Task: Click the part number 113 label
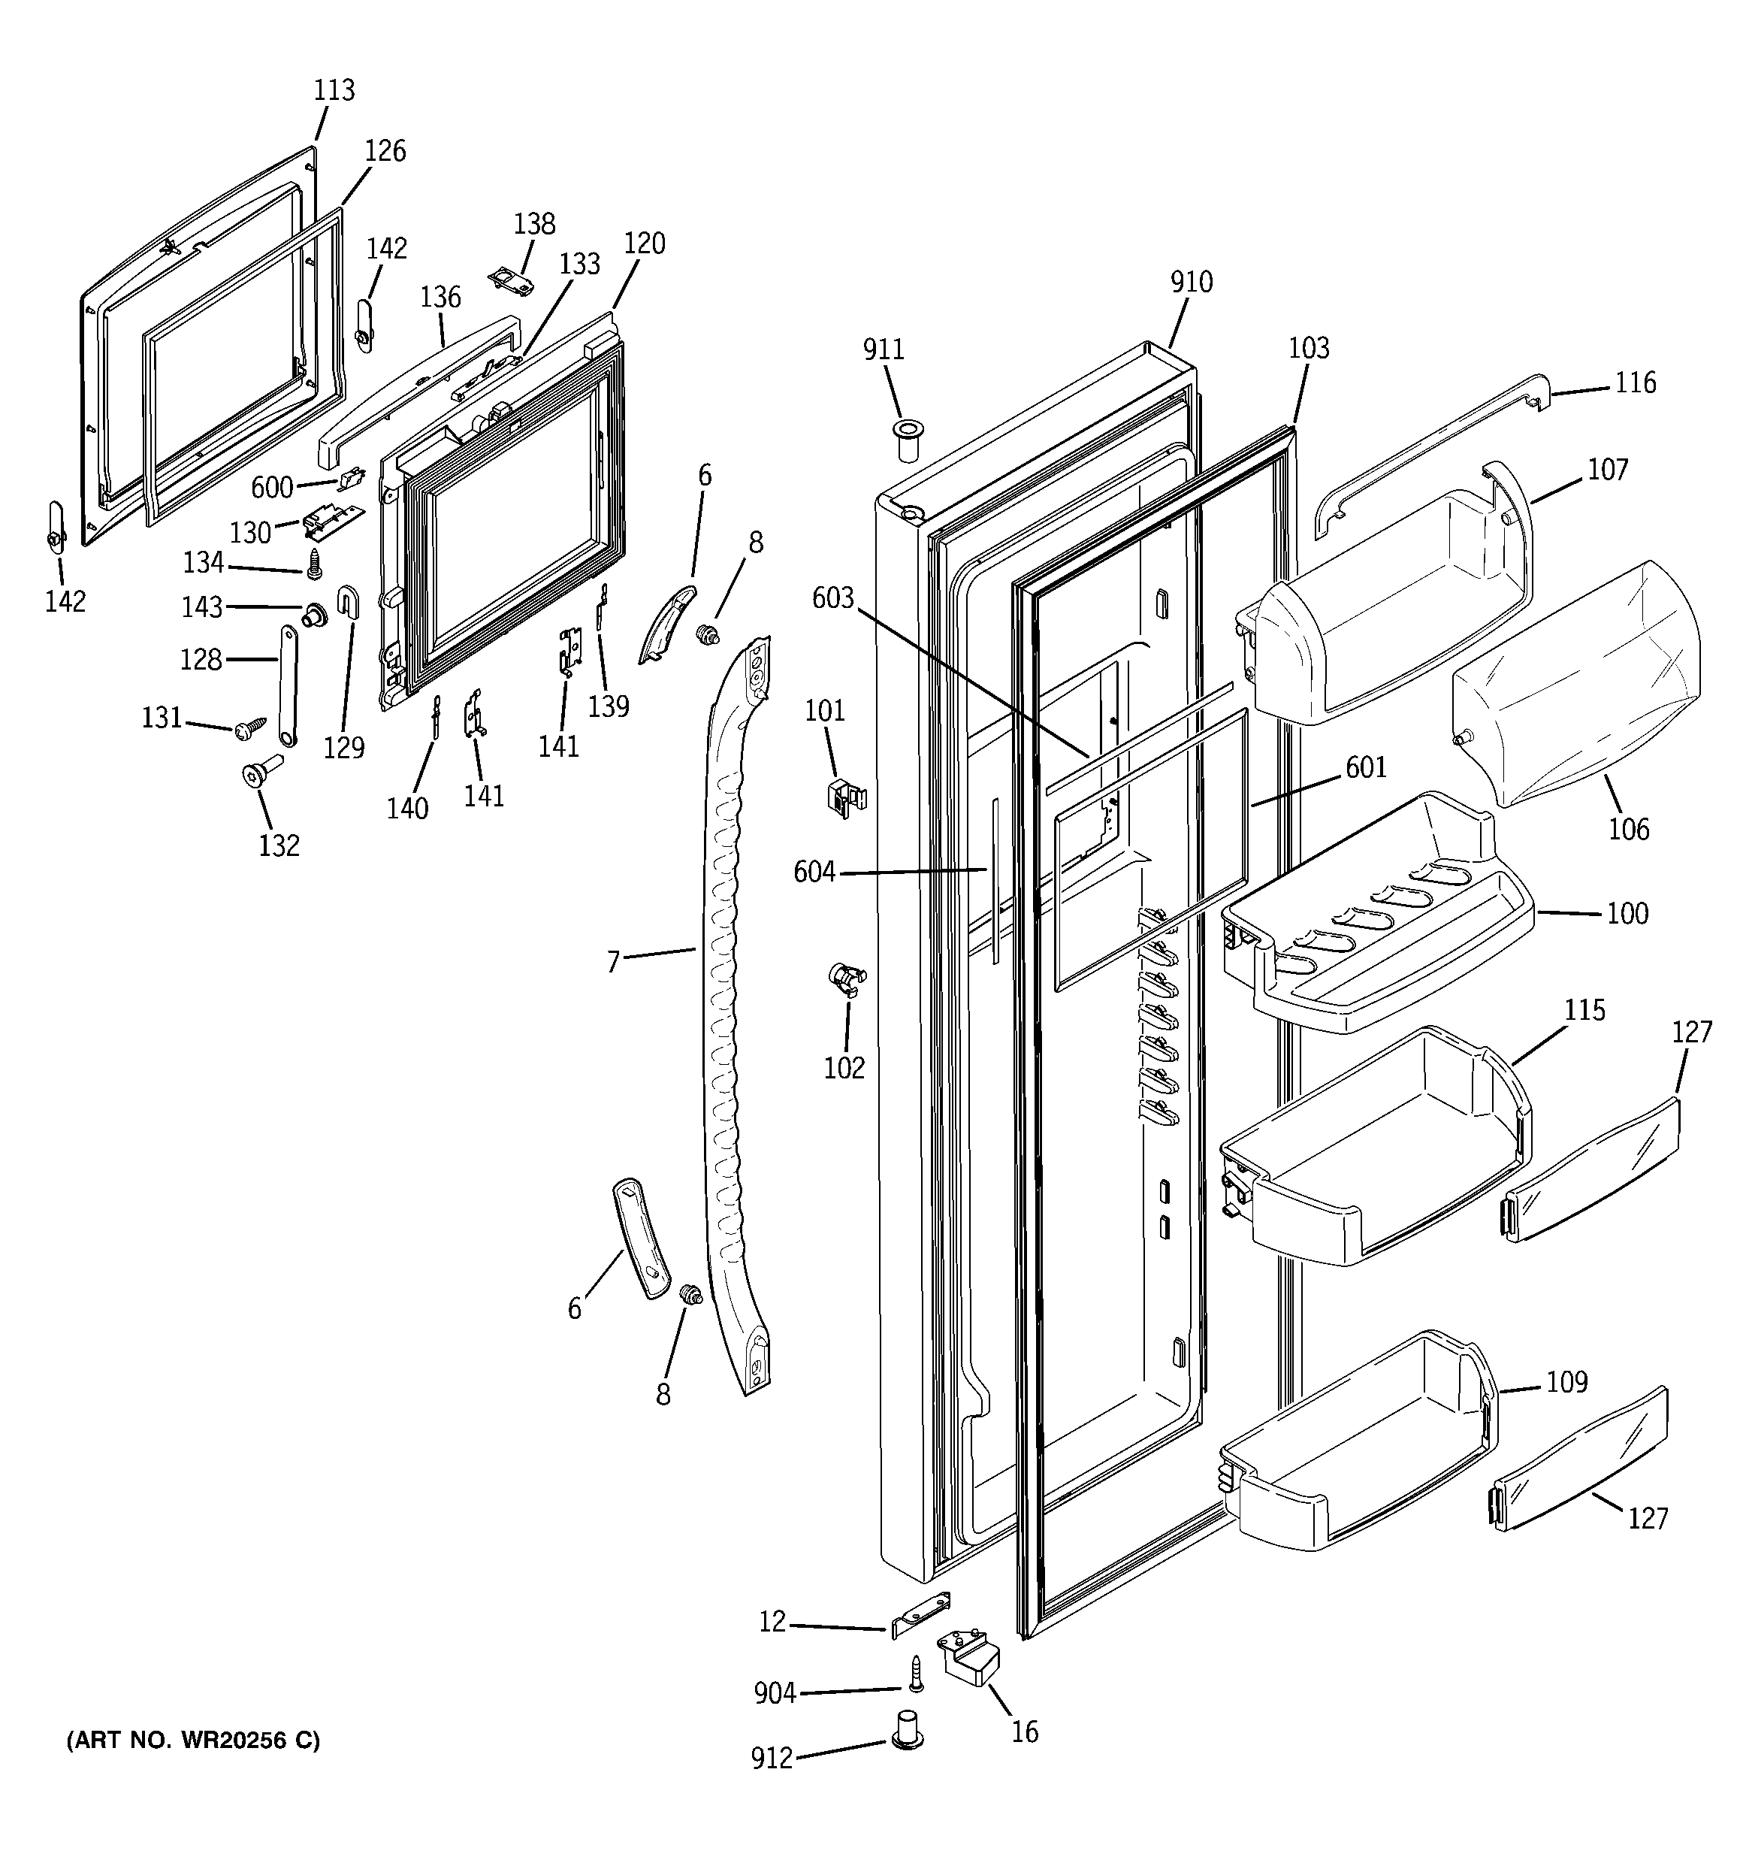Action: click(334, 90)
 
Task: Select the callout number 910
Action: click(1191, 282)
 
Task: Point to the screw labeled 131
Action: click(252, 726)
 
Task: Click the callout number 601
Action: click(1366, 767)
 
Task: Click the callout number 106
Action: click(1629, 828)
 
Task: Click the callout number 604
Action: click(814, 872)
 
